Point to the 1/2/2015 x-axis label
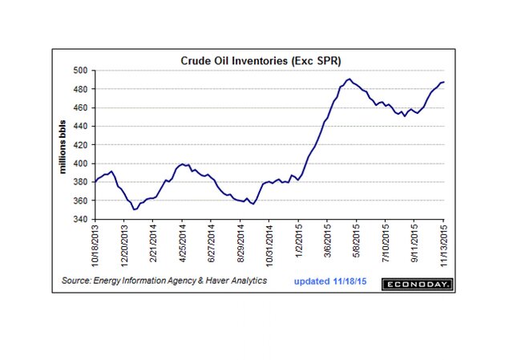299,244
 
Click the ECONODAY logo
417,284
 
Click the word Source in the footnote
77,281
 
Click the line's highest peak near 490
349,79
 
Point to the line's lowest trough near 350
134,209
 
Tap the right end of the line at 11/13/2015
445,82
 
